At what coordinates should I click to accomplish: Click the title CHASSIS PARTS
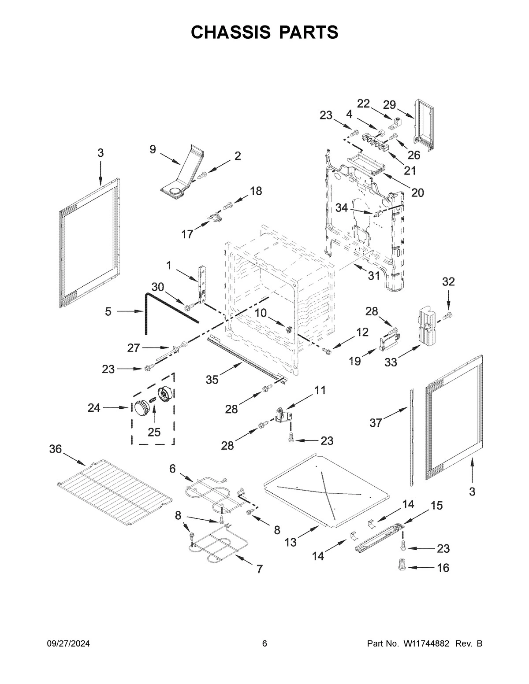click(x=264, y=33)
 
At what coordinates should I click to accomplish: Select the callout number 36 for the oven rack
click(x=56, y=449)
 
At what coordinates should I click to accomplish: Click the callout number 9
click(x=153, y=149)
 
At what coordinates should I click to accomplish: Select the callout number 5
click(x=108, y=312)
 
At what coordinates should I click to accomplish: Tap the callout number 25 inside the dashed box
click(x=154, y=432)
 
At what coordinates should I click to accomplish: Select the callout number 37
click(x=375, y=423)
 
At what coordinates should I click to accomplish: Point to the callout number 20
click(x=417, y=192)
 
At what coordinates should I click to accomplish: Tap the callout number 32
click(x=448, y=281)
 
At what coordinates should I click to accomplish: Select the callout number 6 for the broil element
click(x=173, y=469)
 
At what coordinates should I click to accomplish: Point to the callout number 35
click(x=212, y=379)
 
